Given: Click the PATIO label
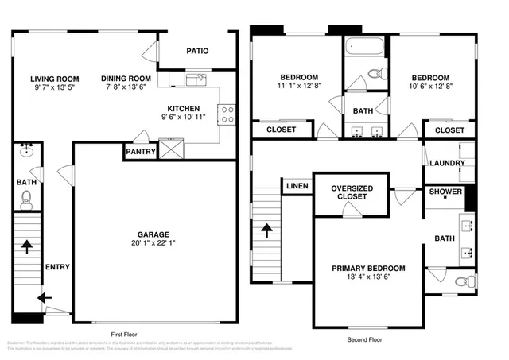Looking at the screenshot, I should click(197, 51).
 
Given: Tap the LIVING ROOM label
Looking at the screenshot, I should click(55, 79).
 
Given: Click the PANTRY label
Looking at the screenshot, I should click(140, 152).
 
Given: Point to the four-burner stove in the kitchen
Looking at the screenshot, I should click(227, 114).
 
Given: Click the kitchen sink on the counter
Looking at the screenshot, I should click(196, 79).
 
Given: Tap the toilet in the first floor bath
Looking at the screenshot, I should click(26, 198).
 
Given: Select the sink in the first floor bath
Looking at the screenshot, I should click(26, 152).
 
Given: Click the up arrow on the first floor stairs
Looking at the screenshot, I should click(26, 247).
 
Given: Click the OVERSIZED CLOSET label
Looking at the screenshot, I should click(351, 192).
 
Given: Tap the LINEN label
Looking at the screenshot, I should click(297, 186).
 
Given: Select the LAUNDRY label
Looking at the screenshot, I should click(446, 164).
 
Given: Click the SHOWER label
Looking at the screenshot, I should click(445, 192).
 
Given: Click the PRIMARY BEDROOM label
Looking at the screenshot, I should click(368, 269).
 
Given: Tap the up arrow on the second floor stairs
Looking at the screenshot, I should click(266, 232).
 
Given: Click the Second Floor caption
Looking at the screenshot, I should click(365, 339).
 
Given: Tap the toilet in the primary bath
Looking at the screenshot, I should click(464, 281).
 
